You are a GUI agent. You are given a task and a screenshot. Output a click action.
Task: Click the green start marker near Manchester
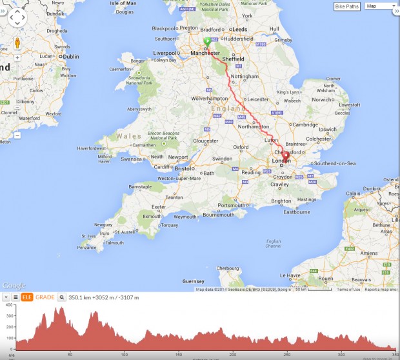click(207, 43)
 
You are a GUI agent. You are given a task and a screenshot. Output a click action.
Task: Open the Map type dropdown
click(380, 6)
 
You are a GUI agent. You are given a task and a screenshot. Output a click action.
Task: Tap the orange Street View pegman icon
click(17, 43)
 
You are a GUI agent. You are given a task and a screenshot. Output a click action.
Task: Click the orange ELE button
click(27, 297)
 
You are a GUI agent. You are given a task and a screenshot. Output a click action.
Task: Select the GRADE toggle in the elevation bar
click(45, 297)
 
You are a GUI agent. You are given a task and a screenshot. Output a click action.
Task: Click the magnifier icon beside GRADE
click(62, 297)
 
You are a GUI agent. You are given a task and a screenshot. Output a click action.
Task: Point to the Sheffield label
click(234, 59)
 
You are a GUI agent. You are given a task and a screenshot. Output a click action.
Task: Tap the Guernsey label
click(194, 281)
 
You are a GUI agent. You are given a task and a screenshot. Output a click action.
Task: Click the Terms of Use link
click(348, 290)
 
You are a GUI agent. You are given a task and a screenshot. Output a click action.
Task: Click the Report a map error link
click(381, 290)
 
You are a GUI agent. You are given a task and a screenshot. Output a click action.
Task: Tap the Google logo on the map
click(14, 285)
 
